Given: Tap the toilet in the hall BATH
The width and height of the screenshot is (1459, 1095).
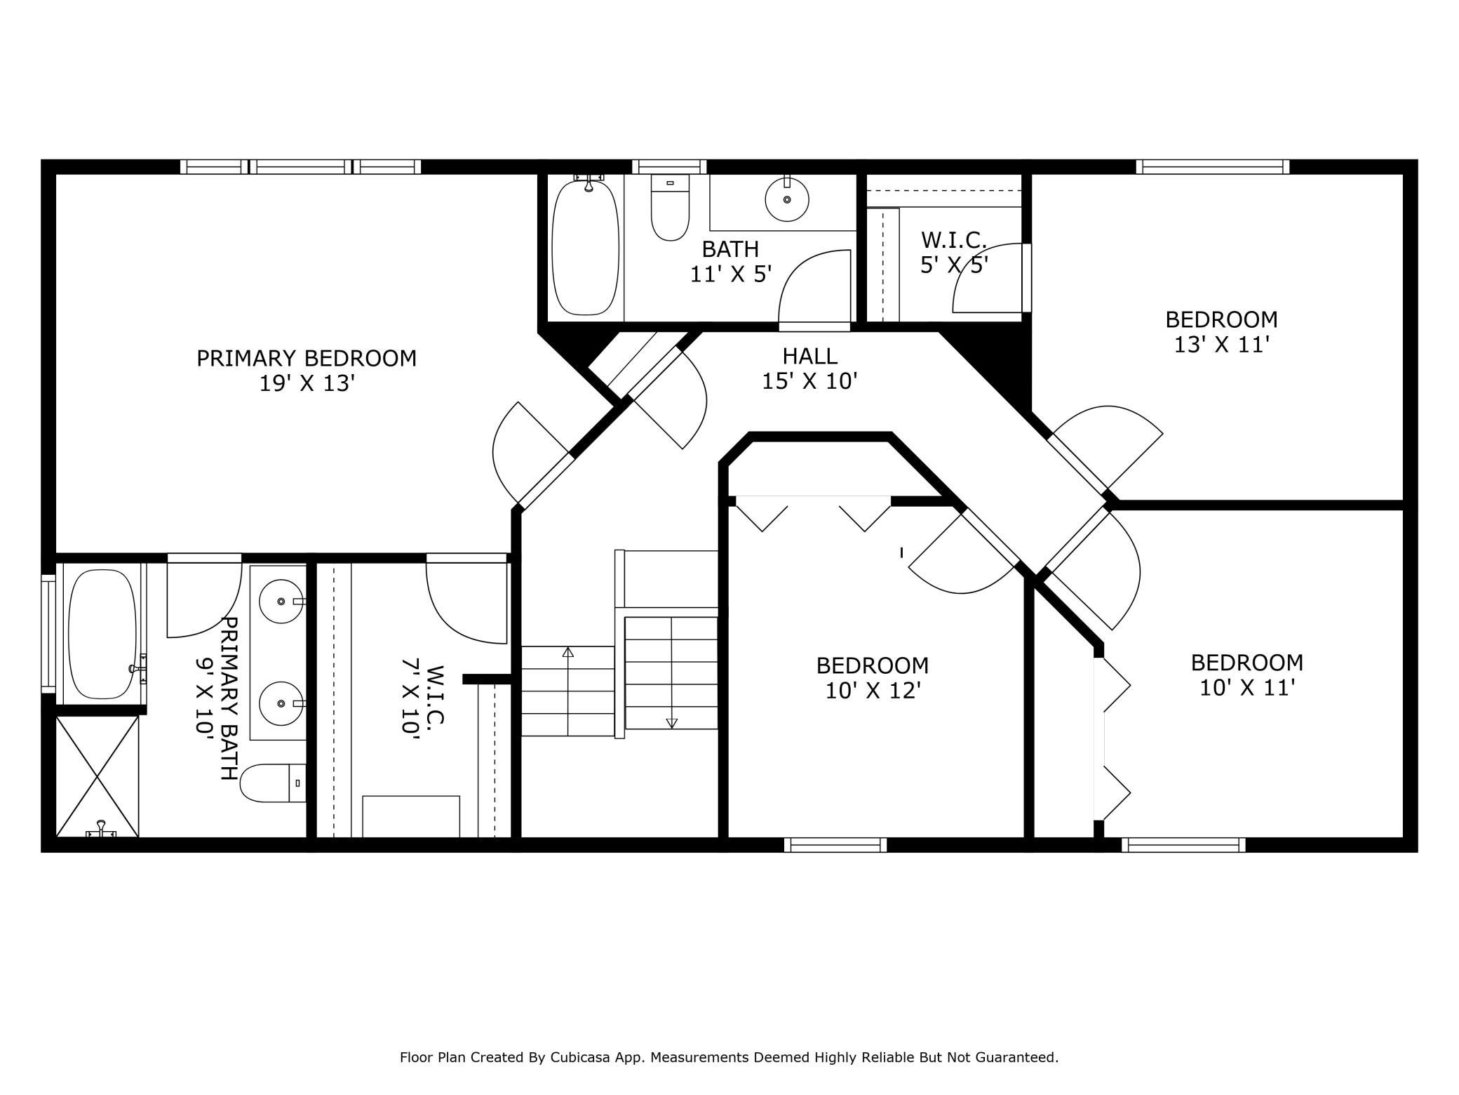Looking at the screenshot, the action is (670, 207).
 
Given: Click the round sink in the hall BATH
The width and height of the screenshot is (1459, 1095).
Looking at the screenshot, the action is (786, 199).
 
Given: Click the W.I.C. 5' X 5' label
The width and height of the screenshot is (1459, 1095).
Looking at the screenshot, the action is (954, 253).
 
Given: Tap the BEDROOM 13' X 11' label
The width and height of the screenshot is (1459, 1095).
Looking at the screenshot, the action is (1221, 332).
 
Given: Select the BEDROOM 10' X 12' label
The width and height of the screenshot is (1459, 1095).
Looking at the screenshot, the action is (873, 678).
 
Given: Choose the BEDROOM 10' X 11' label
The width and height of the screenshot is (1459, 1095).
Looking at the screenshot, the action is (1247, 675).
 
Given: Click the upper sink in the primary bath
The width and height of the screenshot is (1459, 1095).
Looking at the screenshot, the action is (281, 602).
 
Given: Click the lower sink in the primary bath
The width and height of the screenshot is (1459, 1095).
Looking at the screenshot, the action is (281, 703).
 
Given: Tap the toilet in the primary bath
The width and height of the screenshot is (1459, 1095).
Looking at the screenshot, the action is (273, 783).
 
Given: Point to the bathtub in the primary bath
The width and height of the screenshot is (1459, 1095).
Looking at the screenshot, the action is (102, 634).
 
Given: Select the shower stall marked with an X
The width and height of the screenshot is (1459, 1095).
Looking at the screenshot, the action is (98, 776).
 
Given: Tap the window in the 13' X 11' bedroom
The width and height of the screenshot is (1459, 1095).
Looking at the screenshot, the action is (1213, 166).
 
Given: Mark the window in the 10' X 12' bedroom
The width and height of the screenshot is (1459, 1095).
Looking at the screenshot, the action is (835, 845).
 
